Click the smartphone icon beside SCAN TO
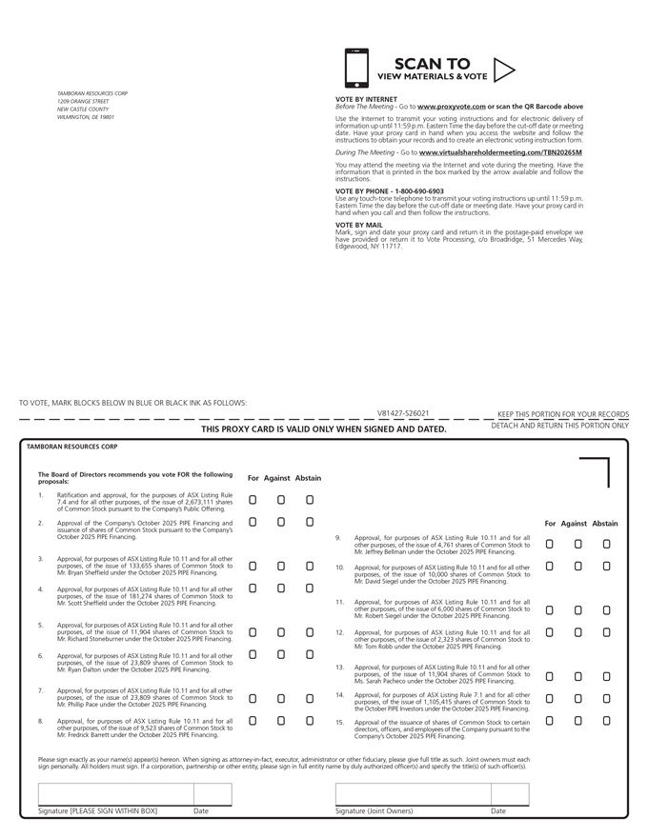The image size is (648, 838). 355,69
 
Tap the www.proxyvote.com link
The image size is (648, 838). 452,107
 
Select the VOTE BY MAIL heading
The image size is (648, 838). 359,225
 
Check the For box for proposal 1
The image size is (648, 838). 253,499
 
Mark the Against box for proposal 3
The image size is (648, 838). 281,566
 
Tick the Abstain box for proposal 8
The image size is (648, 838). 310,721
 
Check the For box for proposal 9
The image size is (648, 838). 549,544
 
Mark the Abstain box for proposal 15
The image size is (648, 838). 606,721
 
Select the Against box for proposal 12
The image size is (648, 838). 577,631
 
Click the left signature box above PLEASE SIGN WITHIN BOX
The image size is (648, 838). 115,794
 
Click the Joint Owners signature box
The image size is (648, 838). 413,794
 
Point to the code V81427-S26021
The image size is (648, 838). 403,414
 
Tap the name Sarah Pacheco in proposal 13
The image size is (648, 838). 390,682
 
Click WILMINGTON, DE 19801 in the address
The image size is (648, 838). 86,117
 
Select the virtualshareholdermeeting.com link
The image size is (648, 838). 500,152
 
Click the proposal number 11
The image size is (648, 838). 339,603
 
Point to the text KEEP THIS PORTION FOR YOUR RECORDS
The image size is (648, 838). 563,414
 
